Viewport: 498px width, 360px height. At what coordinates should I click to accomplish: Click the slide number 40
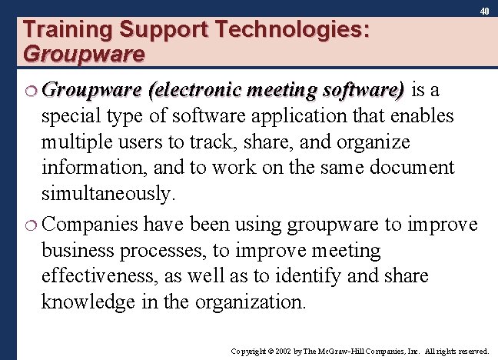(x=484, y=11)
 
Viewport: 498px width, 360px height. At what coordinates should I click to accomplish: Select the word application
(x=331, y=117)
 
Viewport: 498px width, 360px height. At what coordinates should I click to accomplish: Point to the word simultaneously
(x=108, y=193)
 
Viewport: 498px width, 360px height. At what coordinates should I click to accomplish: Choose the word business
(x=77, y=251)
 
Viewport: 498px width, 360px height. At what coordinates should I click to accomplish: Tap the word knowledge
(x=91, y=302)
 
